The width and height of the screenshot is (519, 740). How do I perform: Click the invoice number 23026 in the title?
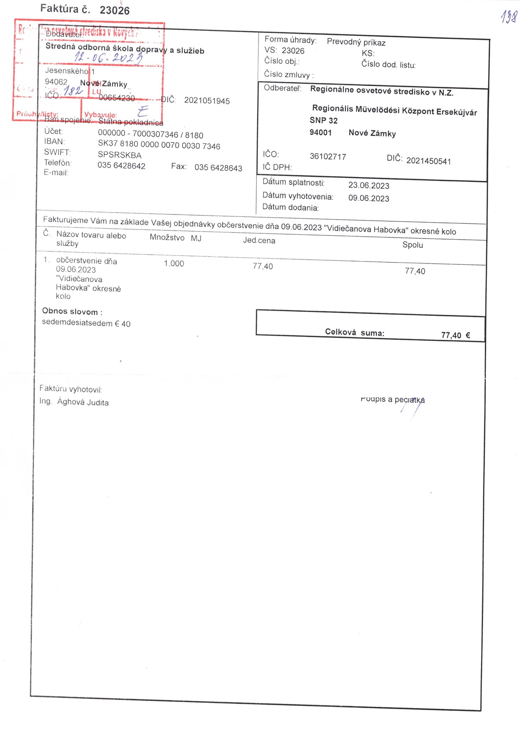[115, 10]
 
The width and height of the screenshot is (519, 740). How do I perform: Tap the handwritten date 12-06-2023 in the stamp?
[109, 58]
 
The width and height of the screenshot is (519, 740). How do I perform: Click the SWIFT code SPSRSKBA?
[120, 155]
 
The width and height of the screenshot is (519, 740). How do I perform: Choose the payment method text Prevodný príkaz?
[356, 42]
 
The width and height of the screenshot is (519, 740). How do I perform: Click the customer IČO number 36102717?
[328, 157]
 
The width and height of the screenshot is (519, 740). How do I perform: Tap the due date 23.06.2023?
[369, 186]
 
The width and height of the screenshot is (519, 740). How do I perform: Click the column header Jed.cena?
[259, 240]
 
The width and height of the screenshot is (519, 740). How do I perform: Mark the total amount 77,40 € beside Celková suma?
[455, 335]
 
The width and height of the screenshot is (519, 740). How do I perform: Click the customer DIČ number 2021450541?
[428, 161]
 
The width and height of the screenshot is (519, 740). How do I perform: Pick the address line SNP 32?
[324, 121]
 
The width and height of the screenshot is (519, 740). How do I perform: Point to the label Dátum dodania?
[290, 208]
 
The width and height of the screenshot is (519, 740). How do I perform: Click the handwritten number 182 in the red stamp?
[73, 91]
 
